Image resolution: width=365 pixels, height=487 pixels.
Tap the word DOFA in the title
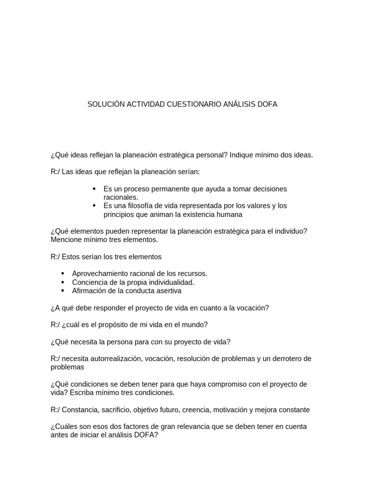click(267, 104)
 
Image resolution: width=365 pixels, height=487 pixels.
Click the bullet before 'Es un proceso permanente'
click(95, 189)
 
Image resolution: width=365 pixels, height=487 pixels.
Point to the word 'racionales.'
click(121, 197)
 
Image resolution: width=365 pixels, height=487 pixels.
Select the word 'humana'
click(228, 214)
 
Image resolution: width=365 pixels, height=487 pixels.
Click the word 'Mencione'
click(66, 240)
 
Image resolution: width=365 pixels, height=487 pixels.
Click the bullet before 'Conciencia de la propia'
click(63, 282)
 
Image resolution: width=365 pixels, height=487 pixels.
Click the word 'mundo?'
click(196, 325)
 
